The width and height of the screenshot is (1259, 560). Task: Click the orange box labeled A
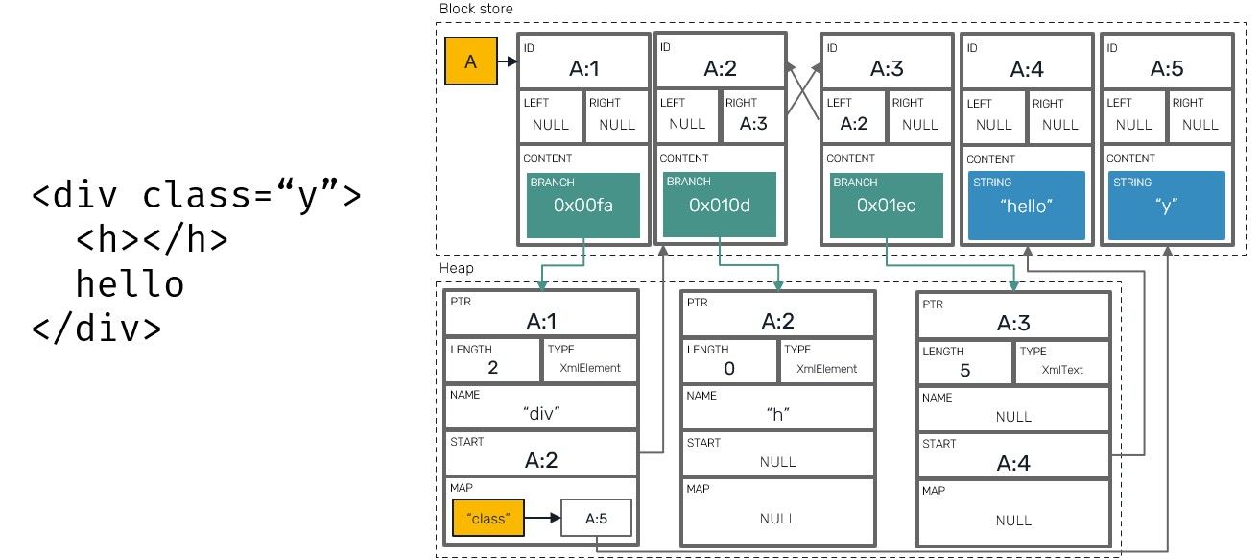tap(470, 61)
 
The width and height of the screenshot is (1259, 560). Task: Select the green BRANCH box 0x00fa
tap(582, 206)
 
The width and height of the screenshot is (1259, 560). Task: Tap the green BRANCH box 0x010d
tap(720, 206)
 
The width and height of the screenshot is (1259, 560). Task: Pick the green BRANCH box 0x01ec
tap(887, 206)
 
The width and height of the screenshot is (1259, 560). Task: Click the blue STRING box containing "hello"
tap(1027, 206)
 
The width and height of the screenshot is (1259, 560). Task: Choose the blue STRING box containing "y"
tap(1166, 206)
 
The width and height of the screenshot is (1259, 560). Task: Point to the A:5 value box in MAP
tap(596, 519)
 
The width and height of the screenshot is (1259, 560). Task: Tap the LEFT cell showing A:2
tap(853, 115)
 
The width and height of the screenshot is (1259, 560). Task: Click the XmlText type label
tap(1061, 369)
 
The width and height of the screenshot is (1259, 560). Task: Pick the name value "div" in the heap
tap(541, 413)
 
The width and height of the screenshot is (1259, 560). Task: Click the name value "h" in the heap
tap(777, 414)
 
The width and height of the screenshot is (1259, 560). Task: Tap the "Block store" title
tap(476, 9)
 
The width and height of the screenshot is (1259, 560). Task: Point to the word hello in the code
tap(130, 284)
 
